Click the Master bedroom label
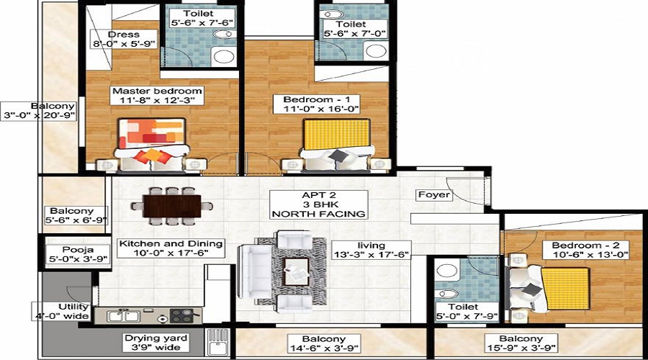coord(157,91)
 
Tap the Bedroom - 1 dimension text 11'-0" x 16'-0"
coord(321,109)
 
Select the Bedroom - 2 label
coord(585,245)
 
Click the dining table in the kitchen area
coord(172,206)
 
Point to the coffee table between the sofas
coord(296,271)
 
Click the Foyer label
coord(434,194)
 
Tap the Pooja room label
coord(78,250)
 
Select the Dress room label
coord(124,35)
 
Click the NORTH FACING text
coord(319,214)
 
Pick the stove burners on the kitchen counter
coord(182,316)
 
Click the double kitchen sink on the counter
coord(123,316)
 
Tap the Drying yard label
coord(156,338)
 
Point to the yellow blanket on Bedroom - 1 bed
coord(336,135)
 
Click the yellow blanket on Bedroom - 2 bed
coord(566,289)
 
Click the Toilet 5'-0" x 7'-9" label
coord(467,312)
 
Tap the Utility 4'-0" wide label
coord(62,311)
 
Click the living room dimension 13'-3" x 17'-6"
coord(371,254)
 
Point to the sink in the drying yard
coord(217,343)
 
